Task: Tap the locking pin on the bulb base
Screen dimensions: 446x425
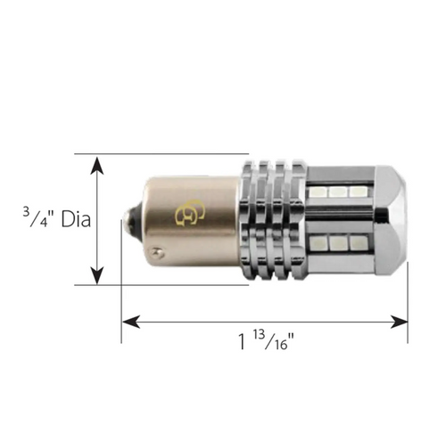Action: click(x=156, y=252)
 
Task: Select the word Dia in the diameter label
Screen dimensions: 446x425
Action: click(x=76, y=220)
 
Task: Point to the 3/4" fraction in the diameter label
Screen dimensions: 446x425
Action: click(x=37, y=217)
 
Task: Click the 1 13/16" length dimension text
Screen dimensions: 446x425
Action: click(x=266, y=340)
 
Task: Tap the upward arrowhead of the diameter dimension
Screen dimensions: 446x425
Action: click(x=97, y=166)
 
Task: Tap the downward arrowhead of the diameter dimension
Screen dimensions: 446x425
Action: click(x=97, y=275)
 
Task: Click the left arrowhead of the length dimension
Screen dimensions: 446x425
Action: click(x=131, y=322)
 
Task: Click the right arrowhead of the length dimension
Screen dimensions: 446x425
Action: click(x=399, y=322)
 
